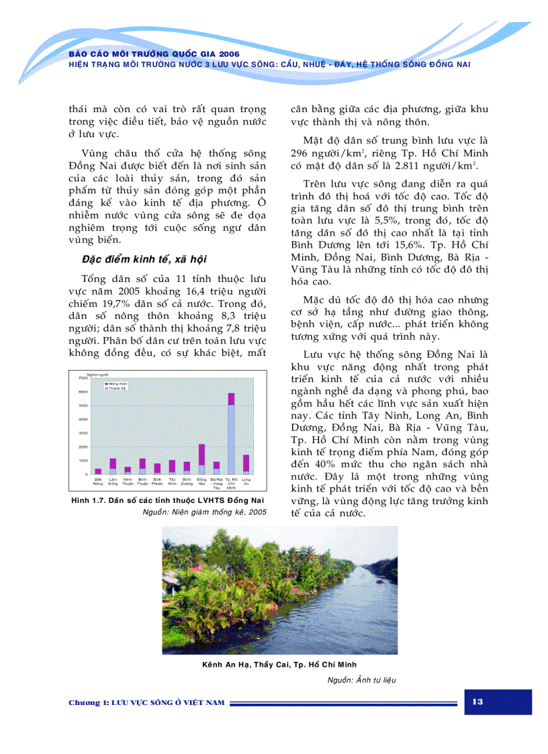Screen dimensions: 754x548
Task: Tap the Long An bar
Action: [x=246, y=464]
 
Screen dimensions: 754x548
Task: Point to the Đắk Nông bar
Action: [x=98, y=471]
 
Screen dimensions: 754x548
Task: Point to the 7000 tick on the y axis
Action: [x=83, y=379]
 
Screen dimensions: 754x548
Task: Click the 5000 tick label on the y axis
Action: [x=83, y=406]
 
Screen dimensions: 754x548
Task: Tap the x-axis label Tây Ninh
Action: [x=172, y=481]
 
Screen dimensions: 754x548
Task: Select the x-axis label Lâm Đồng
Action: [x=113, y=481]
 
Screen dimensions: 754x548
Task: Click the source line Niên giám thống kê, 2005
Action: [x=205, y=512]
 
